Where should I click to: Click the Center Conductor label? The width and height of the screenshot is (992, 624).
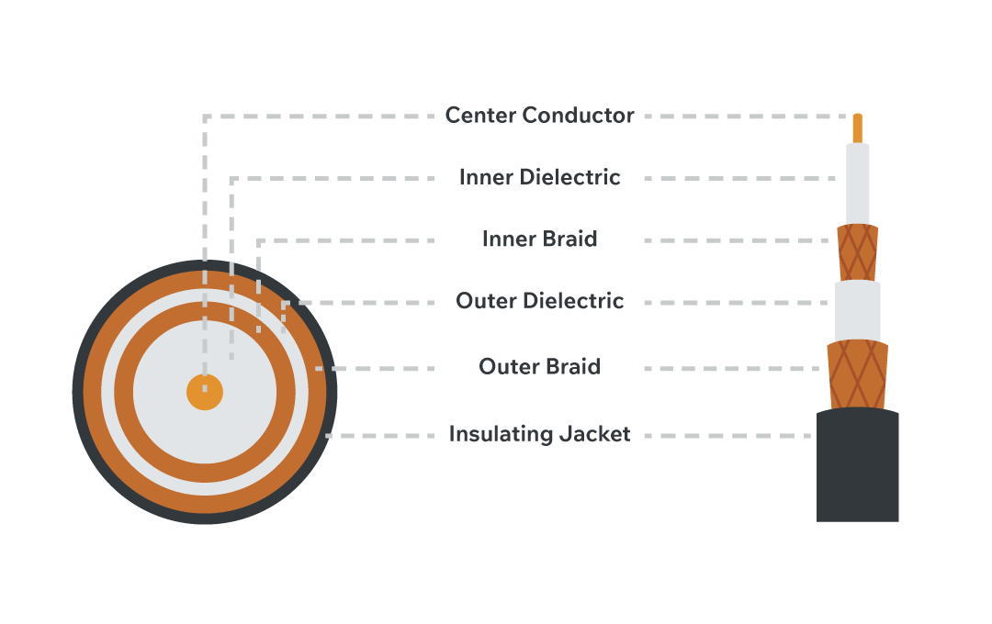539,116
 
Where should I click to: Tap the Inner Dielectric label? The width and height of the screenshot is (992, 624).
539,177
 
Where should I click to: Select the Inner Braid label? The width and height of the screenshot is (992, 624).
539,240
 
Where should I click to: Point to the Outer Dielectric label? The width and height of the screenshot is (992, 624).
539,301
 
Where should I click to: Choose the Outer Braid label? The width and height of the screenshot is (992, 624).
539,367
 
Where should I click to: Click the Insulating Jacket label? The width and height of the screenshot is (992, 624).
539,434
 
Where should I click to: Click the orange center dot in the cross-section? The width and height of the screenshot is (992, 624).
205,392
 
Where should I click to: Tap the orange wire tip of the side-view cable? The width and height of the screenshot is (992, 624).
858,128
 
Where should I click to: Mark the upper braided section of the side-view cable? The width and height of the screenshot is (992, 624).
858,251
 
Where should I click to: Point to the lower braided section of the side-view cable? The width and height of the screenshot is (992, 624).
858,374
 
